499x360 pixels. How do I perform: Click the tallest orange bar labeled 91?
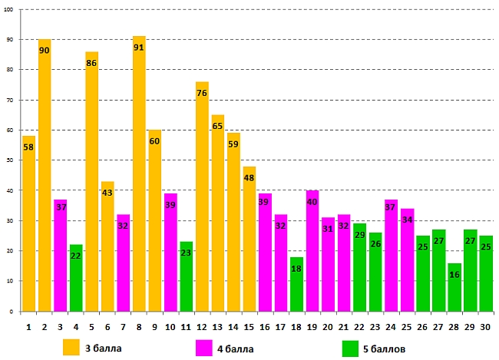[139, 177]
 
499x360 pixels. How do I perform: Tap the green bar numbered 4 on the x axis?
[76, 278]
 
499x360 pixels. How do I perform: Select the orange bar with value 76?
[202, 200]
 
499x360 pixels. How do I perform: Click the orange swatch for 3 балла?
[72, 348]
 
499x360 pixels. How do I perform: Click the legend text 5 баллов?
[389, 348]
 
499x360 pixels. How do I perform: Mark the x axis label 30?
[486, 326]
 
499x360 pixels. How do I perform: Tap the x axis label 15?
[249, 326]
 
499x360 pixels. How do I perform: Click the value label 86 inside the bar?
[91, 63]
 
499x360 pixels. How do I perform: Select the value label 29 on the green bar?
[360, 234]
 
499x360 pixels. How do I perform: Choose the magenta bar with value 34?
[407, 261]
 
